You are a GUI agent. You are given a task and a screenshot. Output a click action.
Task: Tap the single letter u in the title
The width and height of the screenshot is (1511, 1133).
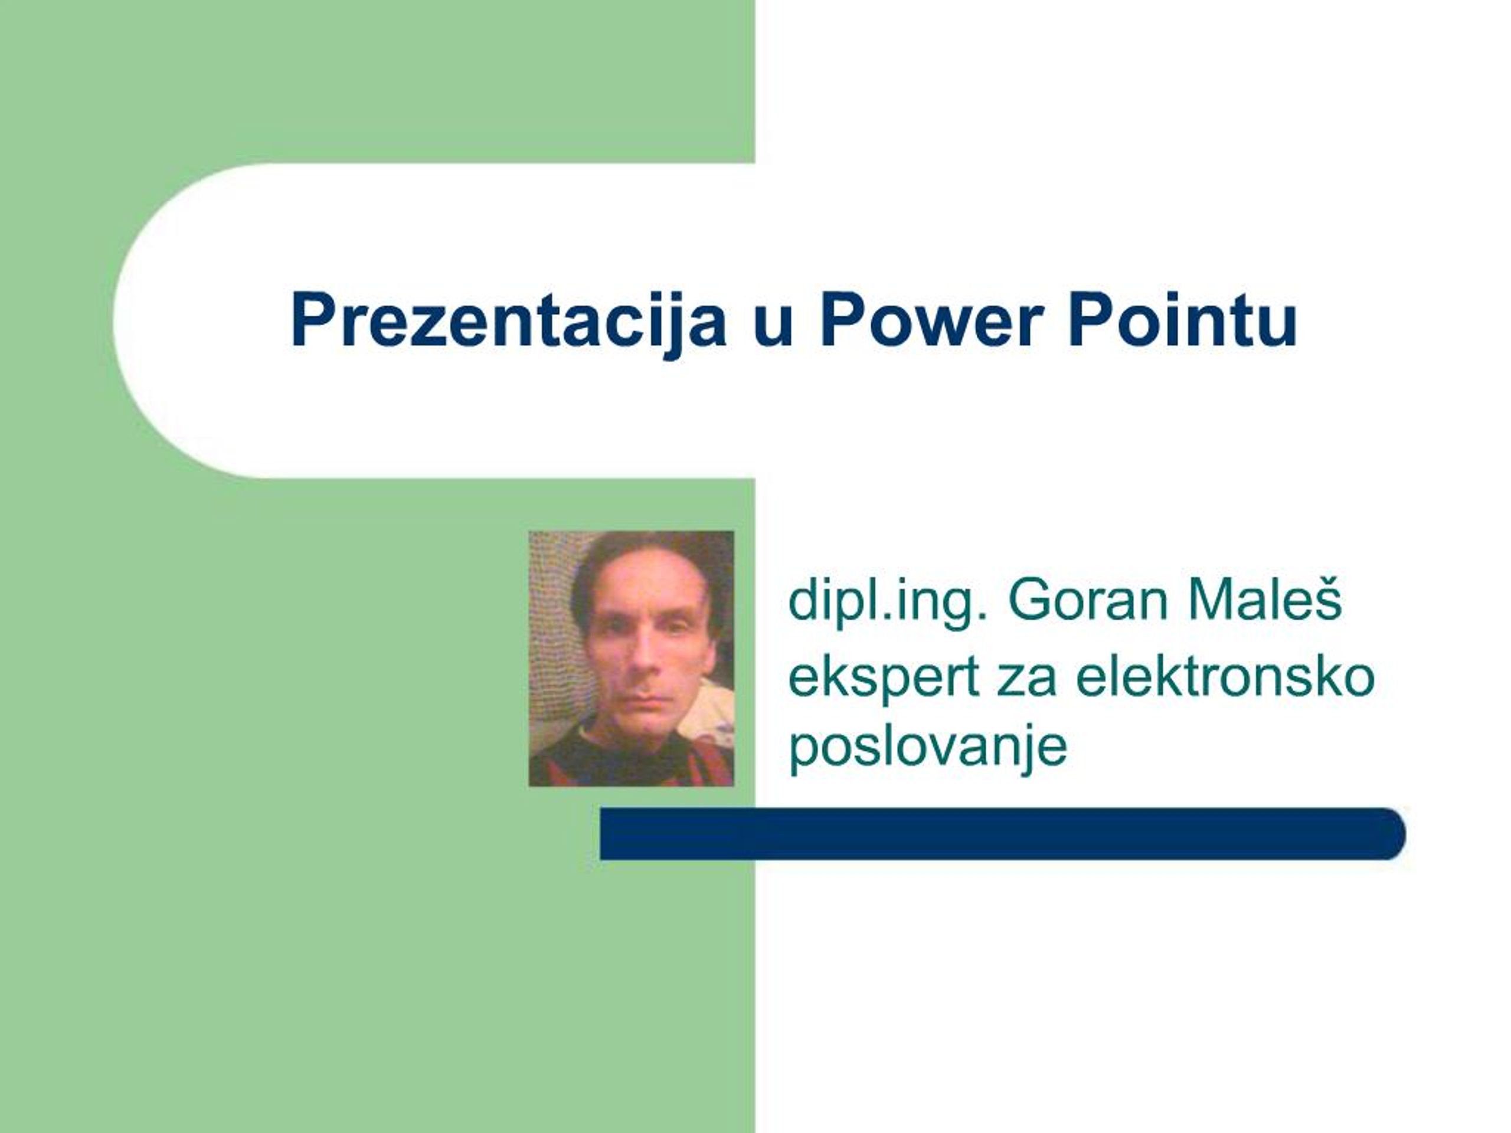(x=774, y=325)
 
